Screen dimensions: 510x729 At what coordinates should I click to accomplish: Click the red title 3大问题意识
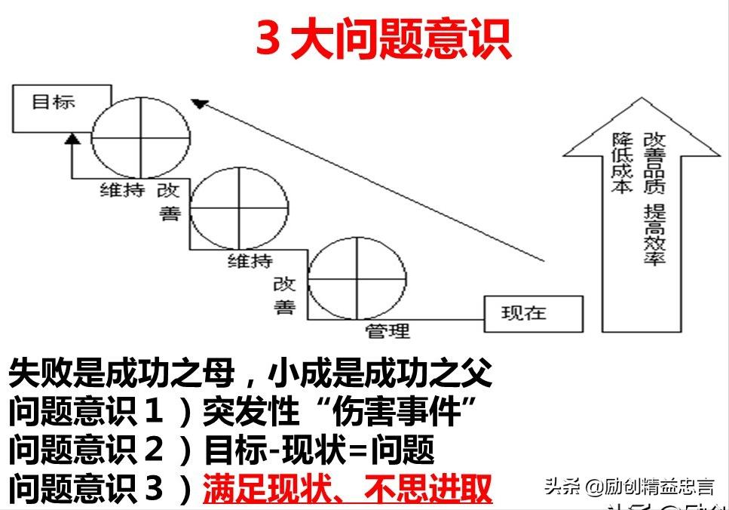click(x=384, y=38)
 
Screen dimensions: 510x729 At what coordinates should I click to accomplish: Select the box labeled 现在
click(x=533, y=314)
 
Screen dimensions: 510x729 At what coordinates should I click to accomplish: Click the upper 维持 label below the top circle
click(x=122, y=189)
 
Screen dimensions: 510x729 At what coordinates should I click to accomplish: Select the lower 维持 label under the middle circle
click(x=250, y=261)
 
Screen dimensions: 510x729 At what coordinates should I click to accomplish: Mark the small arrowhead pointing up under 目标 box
click(x=72, y=137)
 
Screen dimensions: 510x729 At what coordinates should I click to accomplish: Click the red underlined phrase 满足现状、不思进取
click(x=348, y=490)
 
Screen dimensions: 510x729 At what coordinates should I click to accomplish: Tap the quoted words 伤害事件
click(x=393, y=412)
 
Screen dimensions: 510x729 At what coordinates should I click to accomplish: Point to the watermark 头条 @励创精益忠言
click(x=629, y=487)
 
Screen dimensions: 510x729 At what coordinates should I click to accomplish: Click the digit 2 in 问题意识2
click(x=153, y=451)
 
